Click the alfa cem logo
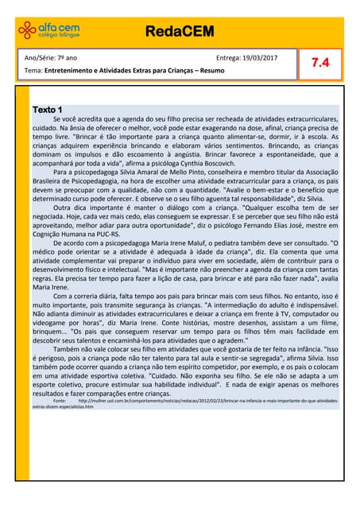pos(48,31)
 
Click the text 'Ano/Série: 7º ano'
pos(51,58)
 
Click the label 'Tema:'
pos(34,72)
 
